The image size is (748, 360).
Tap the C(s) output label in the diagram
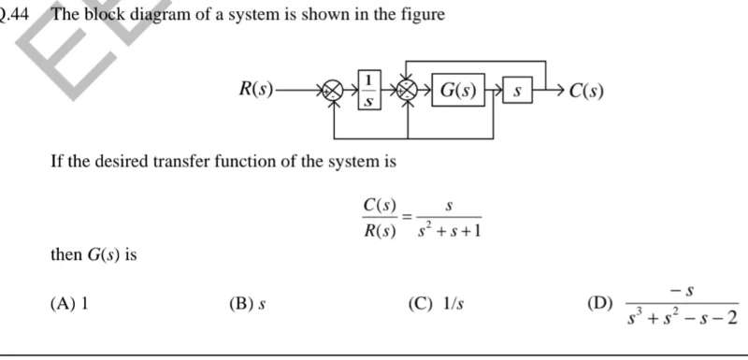click(x=586, y=92)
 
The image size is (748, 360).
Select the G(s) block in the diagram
click(x=458, y=92)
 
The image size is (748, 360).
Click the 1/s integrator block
click(x=370, y=90)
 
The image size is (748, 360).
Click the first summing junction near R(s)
click(x=332, y=92)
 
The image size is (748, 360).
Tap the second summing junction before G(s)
click(x=408, y=91)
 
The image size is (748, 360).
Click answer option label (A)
click(x=65, y=303)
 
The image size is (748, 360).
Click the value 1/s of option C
click(x=453, y=303)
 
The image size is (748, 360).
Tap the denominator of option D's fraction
click(x=682, y=320)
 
